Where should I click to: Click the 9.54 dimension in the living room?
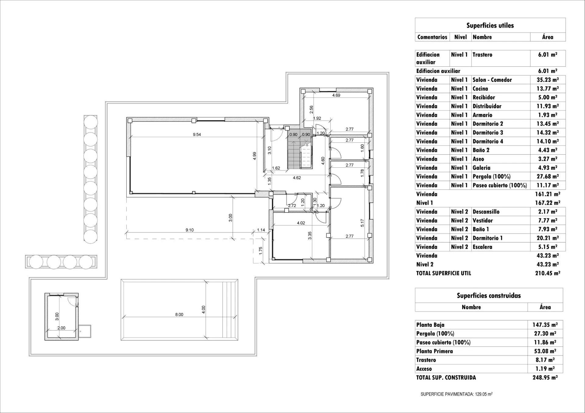[197, 135]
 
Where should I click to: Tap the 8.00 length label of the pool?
[179, 314]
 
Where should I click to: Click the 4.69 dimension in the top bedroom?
[336, 95]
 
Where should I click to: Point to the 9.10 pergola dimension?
[190, 230]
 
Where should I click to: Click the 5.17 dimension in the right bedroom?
[362, 223]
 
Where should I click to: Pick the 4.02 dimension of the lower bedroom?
[301, 223]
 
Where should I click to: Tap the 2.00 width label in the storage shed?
[61, 328]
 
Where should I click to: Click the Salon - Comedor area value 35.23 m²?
[548, 80]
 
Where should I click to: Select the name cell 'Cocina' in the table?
[480, 89]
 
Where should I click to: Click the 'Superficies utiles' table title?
[490, 26]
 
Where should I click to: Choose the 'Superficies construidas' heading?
[489, 296]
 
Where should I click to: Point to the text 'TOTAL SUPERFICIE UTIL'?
[444, 273]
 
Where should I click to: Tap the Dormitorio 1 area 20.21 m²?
[548, 238]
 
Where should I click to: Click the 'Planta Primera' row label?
[434, 351]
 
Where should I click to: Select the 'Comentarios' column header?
[432, 37]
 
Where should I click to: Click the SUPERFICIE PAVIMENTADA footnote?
[456, 394]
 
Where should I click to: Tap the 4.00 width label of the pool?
[204, 310]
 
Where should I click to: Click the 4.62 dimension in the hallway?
[297, 178]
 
